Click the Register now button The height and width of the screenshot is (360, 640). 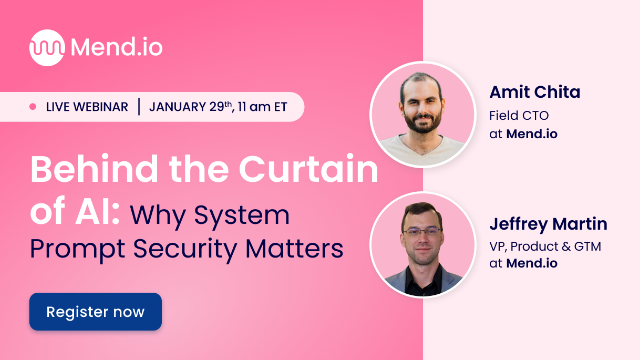(x=95, y=311)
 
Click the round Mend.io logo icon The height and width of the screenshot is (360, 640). (x=47, y=46)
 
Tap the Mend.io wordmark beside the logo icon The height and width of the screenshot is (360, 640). (x=119, y=46)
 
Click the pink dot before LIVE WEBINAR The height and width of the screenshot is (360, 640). (x=32, y=106)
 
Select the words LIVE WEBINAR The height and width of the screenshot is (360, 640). (x=86, y=106)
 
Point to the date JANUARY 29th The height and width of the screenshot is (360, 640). (x=194, y=106)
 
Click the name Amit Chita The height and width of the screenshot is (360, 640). (x=535, y=92)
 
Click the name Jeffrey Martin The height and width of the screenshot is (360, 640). (x=549, y=224)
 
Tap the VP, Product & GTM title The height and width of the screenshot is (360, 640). (x=544, y=246)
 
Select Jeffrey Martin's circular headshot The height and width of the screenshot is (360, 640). (x=421, y=245)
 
